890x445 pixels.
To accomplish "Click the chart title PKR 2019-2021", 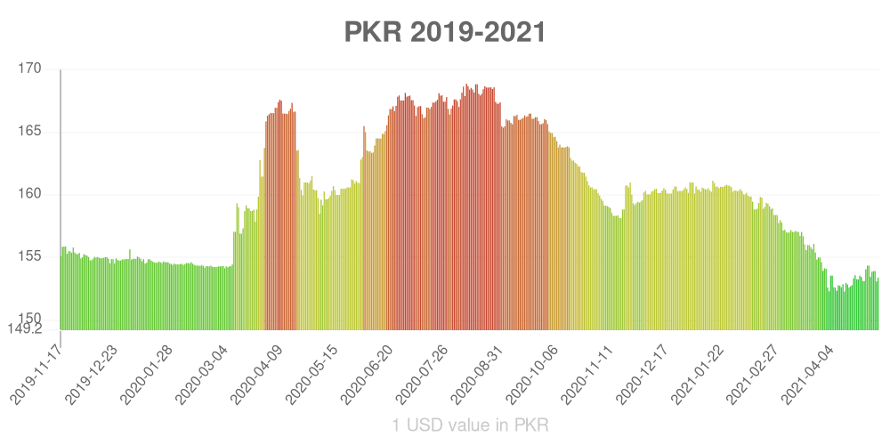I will pyautogui.click(x=444, y=32).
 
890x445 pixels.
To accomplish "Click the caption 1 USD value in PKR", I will pyautogui.click(x=470, y=425).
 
